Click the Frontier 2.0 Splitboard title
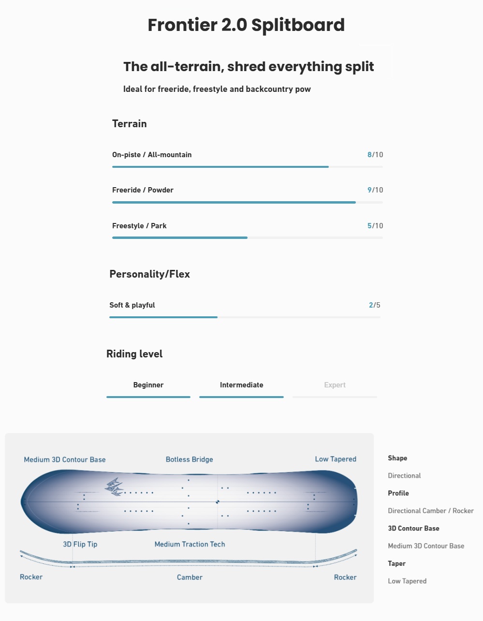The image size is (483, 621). [246, 25]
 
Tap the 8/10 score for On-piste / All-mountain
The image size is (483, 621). [375, 155]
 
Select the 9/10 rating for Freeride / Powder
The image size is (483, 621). [375, 190]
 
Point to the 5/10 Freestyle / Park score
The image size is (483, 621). [375, 226]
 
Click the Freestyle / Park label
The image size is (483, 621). [139, 226]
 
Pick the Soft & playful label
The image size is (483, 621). [132, 305]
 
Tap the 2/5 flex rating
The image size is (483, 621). [375, 305]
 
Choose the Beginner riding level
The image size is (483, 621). [148, 385]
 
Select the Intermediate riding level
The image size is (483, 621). [242, 385]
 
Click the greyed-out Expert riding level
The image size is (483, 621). [335, 385]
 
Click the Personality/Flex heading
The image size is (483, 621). [149, 274]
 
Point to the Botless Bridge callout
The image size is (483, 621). [189, 459]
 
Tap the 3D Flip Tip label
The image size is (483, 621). [80, 544]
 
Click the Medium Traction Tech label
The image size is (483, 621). [190, 544]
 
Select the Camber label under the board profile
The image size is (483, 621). [190, 577]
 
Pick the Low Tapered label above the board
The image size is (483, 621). [336, 459]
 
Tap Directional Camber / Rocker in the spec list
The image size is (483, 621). [430, 511]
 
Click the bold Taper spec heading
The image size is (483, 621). [396, 563]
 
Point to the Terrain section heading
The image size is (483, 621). [129, 124]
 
